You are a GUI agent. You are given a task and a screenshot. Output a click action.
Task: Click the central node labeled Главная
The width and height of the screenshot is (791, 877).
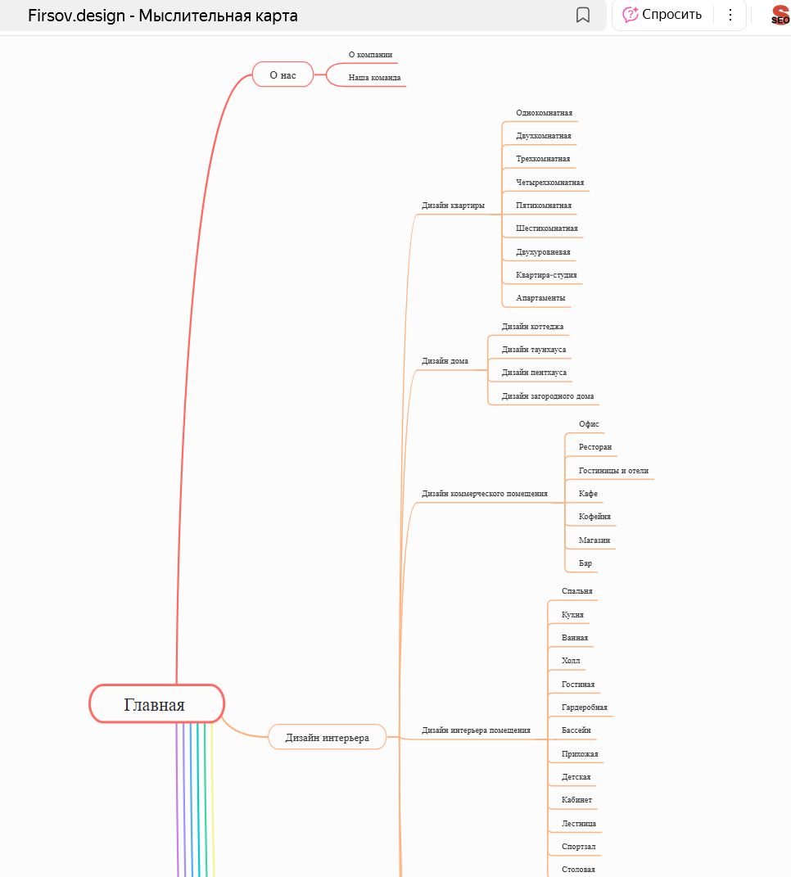point(156,704)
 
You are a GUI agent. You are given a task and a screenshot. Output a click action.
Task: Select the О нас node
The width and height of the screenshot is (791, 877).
point(282,75)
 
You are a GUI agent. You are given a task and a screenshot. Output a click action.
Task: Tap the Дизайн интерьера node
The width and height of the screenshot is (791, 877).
point(327,737)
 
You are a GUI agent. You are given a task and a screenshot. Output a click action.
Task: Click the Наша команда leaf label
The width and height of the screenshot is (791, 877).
point(374,78)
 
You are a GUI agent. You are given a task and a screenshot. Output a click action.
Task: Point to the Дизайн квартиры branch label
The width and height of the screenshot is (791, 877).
point(453,206)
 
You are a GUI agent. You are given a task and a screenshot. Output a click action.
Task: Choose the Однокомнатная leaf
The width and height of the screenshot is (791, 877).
point(544,113)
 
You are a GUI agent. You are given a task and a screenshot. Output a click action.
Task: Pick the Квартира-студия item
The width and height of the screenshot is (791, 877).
point(547,275)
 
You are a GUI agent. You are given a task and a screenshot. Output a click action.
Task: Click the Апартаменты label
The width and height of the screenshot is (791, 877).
point(540,298)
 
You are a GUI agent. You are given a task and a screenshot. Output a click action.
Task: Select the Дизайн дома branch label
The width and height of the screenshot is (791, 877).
point(445,360)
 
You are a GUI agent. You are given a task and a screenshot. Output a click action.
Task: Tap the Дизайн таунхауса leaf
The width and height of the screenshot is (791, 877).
point(533,350)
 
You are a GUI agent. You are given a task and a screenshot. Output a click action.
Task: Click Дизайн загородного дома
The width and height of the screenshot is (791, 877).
point(548,396)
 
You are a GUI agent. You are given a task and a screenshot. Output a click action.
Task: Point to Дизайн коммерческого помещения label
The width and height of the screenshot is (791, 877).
point(484,494)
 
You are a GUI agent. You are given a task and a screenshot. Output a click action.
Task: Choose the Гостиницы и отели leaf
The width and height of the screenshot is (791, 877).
point(613,471)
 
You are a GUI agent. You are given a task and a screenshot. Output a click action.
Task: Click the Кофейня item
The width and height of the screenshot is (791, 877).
point(594,517)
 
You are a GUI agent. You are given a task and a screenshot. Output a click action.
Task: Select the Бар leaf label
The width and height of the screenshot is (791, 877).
point(585,563)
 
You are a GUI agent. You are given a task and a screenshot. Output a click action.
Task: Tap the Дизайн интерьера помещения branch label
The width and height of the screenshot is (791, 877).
point(476,730)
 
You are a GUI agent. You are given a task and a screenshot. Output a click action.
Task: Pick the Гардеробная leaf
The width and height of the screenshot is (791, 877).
point(585,707)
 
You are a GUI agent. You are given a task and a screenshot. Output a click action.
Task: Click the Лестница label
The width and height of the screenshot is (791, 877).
point(579,823)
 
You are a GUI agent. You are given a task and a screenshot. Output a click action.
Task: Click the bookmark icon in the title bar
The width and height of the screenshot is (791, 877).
point(583,15)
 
